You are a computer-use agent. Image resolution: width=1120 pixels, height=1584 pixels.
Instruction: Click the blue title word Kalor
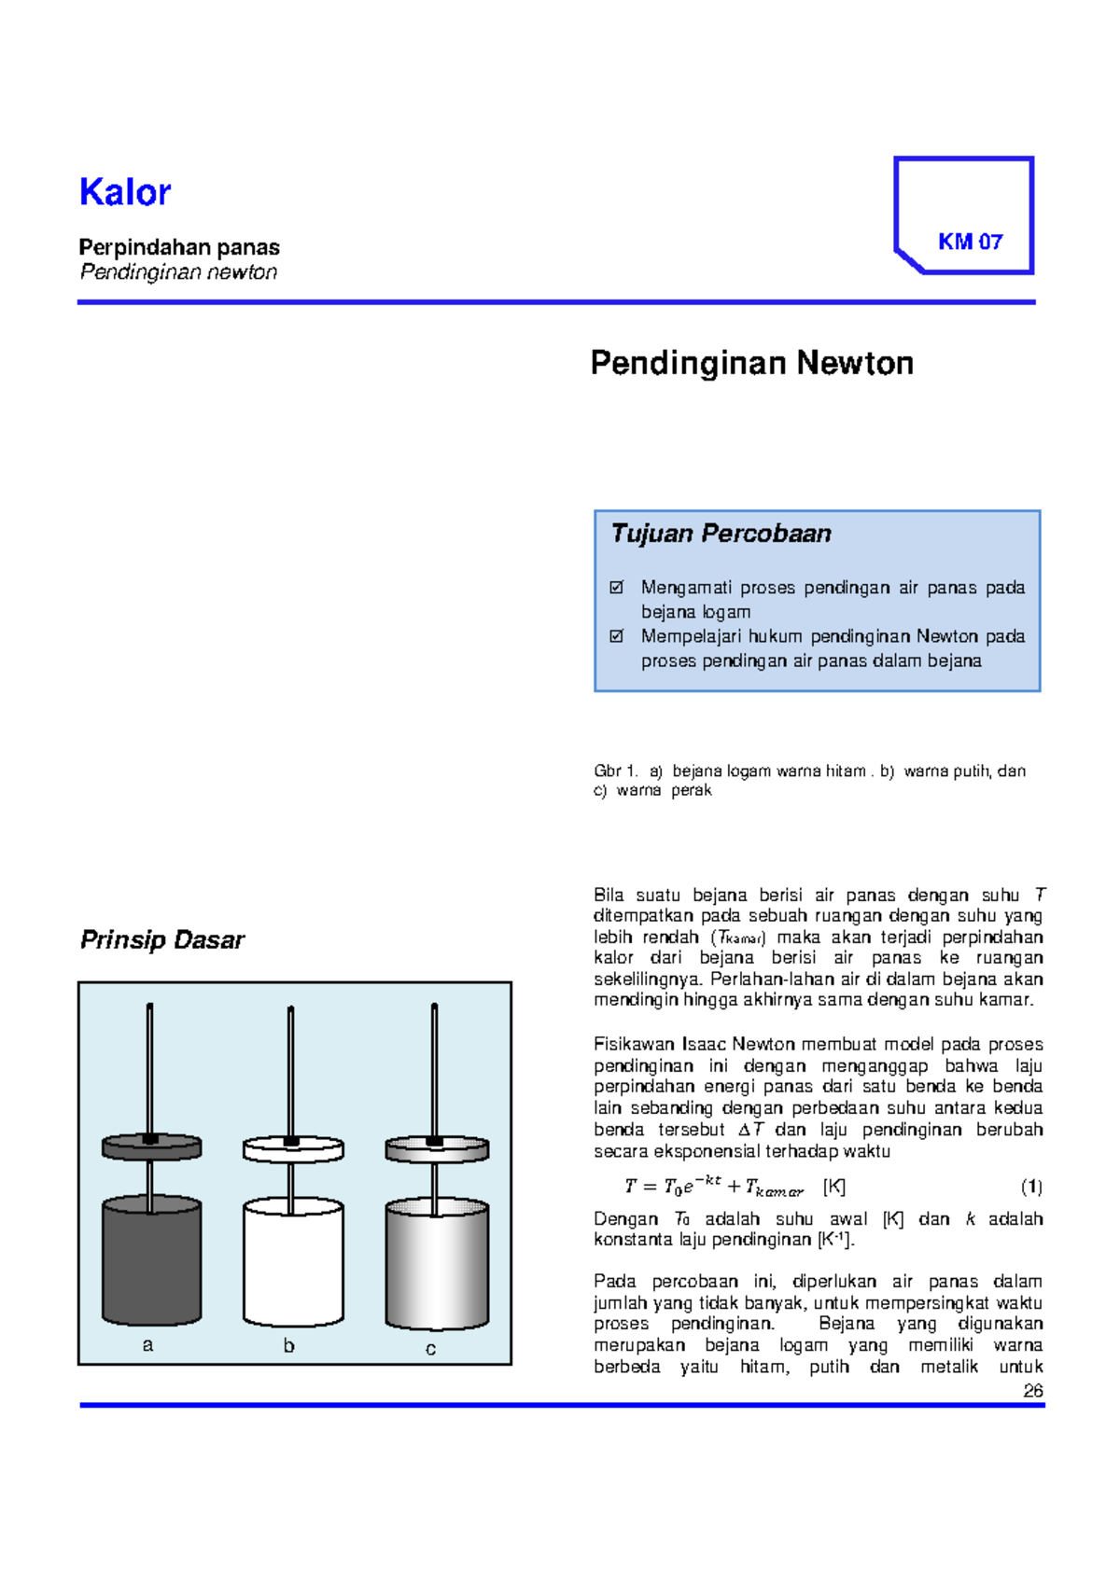pos(125,192)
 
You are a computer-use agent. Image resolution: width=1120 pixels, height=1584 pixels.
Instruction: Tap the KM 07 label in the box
pos(970,242)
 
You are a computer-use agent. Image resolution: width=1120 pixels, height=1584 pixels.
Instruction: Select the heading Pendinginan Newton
pos(751,363)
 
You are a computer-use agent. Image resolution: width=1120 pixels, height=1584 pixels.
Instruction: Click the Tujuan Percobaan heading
pos(721,534)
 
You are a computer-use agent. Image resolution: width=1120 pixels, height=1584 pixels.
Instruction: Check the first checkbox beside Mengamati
pos(616,588)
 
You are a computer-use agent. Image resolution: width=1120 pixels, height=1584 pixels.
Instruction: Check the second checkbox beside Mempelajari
pos(616,636)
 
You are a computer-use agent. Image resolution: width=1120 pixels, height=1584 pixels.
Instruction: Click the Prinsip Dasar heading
pos(162,939)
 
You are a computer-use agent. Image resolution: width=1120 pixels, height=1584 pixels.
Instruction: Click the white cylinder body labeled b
pos(293,1264)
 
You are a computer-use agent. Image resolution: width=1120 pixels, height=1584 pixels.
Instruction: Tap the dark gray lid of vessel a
pos(151,1147)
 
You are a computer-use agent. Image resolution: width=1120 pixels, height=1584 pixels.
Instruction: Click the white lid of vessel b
pos(293,1149)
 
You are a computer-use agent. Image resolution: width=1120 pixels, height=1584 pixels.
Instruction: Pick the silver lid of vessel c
pos(437,1149)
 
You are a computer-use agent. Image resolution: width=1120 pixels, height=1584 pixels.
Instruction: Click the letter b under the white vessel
pos(288,1345)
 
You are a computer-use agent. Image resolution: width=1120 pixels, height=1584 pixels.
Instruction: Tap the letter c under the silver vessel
pos(430,1348)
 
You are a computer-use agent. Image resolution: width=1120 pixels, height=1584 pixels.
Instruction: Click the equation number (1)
pos(1031,1187)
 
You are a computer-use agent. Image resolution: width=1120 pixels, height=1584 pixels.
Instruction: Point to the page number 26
pos(1032,1390)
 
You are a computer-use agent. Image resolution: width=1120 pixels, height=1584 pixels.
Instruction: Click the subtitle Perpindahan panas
pos(179,247)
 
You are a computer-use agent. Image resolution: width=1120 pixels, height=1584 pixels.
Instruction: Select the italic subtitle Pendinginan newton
pos(178,271)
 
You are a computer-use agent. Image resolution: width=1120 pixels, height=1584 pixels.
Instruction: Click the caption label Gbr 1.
pos(615,771)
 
